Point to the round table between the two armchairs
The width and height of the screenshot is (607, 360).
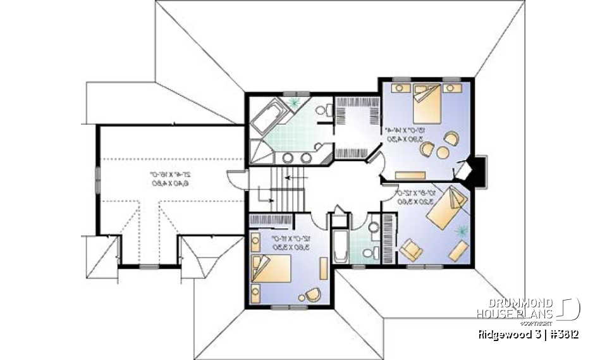tap(441, 151)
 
